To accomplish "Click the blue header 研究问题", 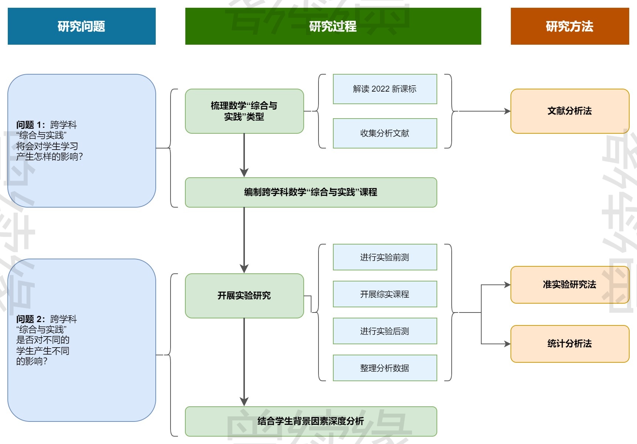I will pos(81,26).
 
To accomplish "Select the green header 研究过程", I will pos(333,26).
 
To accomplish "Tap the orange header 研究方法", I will pos(570,26).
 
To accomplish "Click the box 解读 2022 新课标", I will pos(385,89).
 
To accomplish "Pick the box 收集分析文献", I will pos(385,133).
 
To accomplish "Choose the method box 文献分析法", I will pos(570,111).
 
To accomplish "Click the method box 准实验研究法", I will pos(570,284).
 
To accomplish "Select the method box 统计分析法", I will pos(570,344).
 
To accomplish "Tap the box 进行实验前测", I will pos(385,257).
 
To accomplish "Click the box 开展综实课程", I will pos(385,294).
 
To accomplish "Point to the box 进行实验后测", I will pos(385,331).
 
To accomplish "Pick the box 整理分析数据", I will pos(385,368).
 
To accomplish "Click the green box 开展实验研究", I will pos(244,296).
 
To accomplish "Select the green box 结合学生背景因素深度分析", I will pos(311,421).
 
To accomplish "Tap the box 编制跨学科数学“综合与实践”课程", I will pos(311,192).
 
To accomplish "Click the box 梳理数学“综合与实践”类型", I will pos(244,111).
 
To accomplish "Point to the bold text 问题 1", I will pos(30,125).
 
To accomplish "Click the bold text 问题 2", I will pos(30,319).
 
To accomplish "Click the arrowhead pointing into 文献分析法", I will pos(507,111).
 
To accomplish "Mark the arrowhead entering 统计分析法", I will pos(507,344).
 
